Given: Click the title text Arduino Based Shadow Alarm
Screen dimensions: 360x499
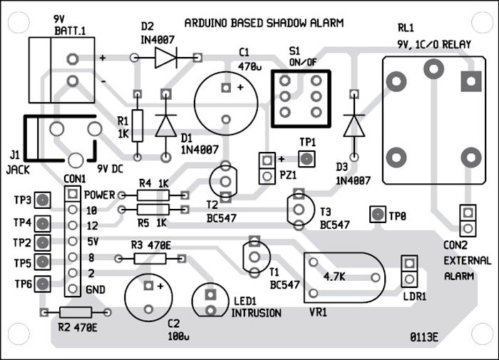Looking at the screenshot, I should point(264,23).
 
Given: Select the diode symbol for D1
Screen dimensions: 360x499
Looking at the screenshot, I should point(166,125).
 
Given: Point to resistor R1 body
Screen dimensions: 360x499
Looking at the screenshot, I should point(139,125).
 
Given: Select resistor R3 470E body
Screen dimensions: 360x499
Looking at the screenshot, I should point(147,257).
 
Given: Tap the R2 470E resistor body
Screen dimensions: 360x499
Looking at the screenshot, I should point(76,312).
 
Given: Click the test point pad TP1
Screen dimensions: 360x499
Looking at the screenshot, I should point(307,158).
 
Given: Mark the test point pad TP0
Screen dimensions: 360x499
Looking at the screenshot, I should point(375,214).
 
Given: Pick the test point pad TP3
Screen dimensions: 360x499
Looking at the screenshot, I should point(43,200).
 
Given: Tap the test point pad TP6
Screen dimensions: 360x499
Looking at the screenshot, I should point(43,284).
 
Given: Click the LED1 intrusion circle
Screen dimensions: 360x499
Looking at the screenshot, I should point(211,300).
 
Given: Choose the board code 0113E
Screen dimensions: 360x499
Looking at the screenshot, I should point(426,335).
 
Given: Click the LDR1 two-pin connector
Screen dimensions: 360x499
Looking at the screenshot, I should point(408,272).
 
